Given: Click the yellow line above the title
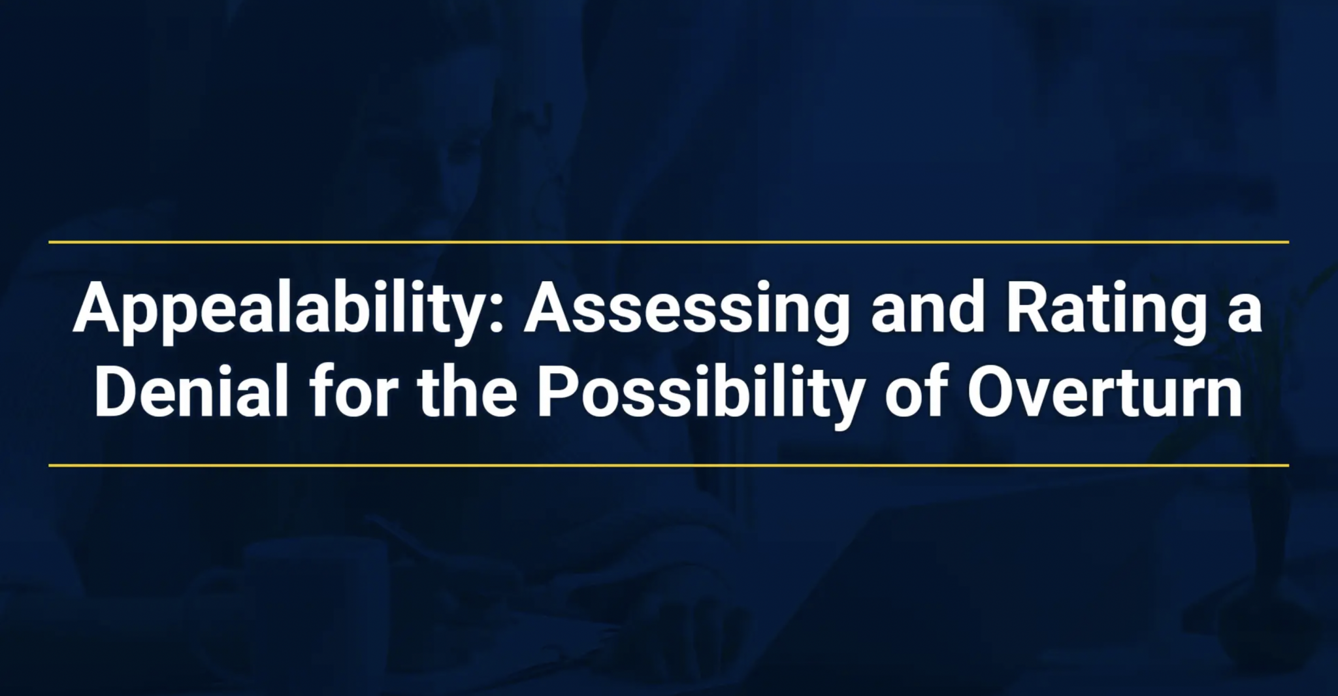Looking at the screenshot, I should click(x=668, y=242).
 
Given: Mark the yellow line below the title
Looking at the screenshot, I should click(x=668, y=465).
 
